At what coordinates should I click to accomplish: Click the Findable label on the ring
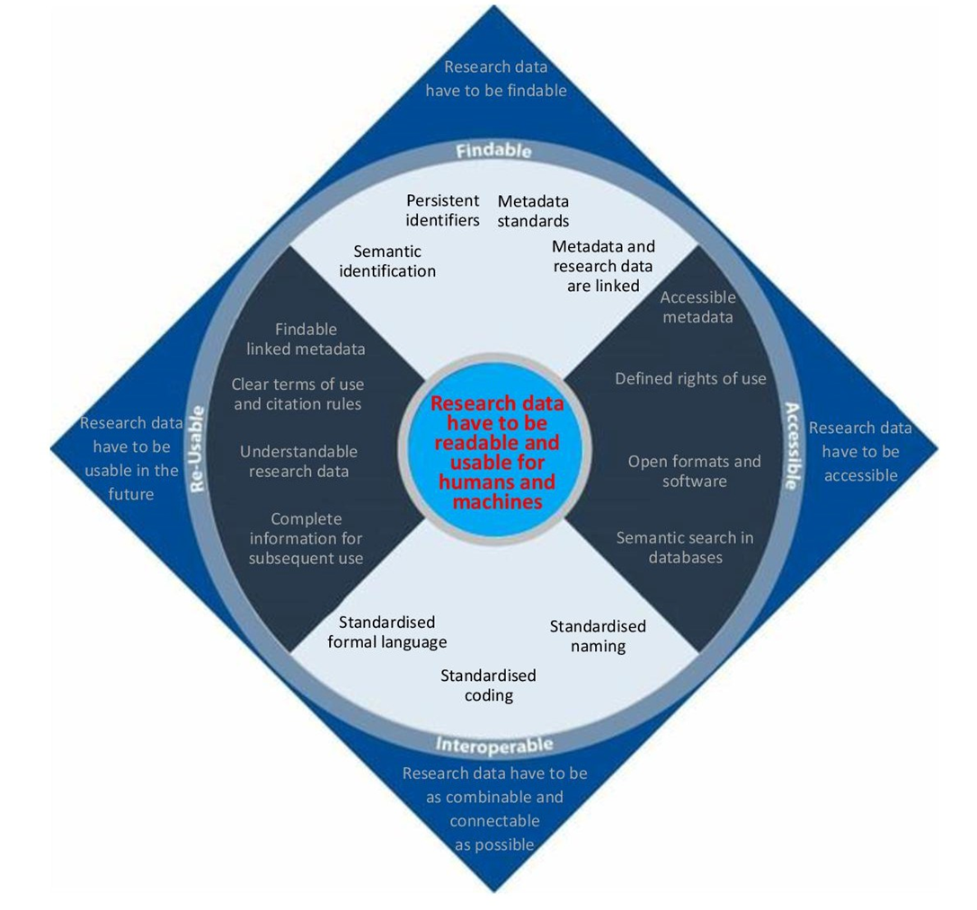pyautogui.click(x=493, y=151)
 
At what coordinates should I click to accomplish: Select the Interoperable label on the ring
pyautogui.click(x=494, y=745)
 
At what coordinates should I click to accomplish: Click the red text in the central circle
pyautogui.click(x=497, y=453)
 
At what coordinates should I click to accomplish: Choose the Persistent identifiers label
pyautogui.click(x=442, y=210)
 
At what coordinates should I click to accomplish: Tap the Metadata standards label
pyautogui.click(x=533, y=211)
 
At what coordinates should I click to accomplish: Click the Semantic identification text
pyautogui.click(x=387, y=261)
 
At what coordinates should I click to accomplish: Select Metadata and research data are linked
pyautogui.click(x=603, y=266)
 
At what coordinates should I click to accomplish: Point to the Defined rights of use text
pyautogui.click(x=690, y=379)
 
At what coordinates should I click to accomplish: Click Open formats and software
pyautogui.click(x=694, y=472)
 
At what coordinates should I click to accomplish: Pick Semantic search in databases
pyautogui.click(x=685, y=548)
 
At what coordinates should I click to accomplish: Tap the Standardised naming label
pyautogui.click(x=598, y=636)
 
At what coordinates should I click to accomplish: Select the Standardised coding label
pyautogui.click(x=488, y=685)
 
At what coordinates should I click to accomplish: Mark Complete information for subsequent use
pyautogui.click(x=306, y=539)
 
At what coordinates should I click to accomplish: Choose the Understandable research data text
pyautogui.click(x=298, y=461)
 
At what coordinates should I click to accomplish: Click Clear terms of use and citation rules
pyautogui.click(x=298, y=393)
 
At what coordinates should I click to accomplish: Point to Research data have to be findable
pyautogui.click(x=496, y=79)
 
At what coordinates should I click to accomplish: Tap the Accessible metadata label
pyautogui.click(x=698, y=307)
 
